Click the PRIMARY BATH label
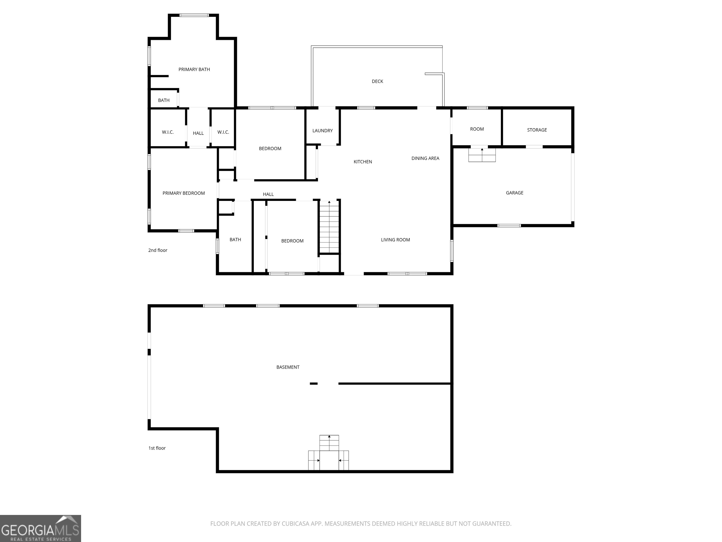pyautogui.click(x=194, y=69)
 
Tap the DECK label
pyautogui.click(x=377, y=81)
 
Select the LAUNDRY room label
pyautogui.click(x=322, y=131)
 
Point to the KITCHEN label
pyautogui.click(x=363, y=162)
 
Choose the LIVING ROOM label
pyautogui.click(x=395, y=240)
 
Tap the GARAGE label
pyautogui.click(x=514, y=193)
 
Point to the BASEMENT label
pyautogui.click(x=288, y=367)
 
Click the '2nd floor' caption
pyautogui.click(x=158, y=250)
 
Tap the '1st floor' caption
pyautogui.click(x=157, y=448)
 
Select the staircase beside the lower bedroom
pyautogui.click(x=329, y=227)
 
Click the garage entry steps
pyautogui.click(x=482, y=155)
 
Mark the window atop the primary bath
pyautogui.click(x=194, y=15)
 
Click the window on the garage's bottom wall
pyautogui.click(x=509, y=225)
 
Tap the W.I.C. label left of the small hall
pyautogui.click(x=168, y=132)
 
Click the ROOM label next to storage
pyautogui.click(x=477, y=129)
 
